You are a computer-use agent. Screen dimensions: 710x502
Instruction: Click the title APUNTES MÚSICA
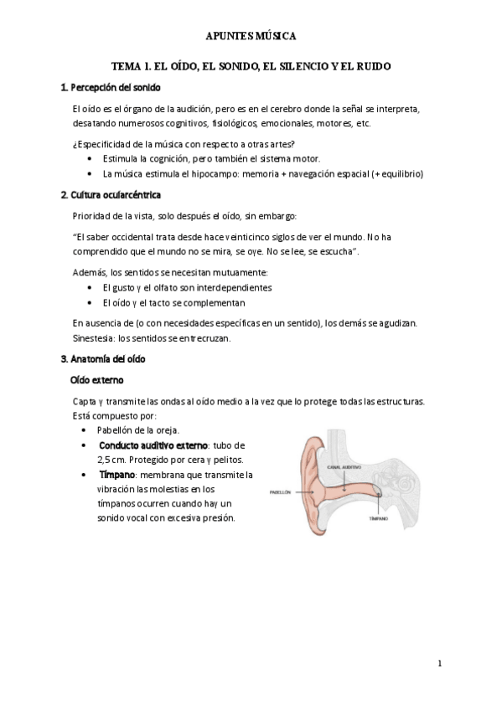click(251, 37)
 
